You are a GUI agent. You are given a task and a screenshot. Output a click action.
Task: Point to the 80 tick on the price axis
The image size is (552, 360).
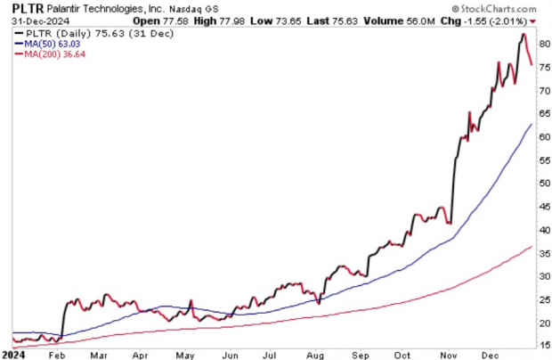pos(541,44)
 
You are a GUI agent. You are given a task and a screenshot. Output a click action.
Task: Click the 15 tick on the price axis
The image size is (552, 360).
pos(541,346)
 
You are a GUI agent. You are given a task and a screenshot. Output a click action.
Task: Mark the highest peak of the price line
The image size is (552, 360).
pos(524,35)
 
